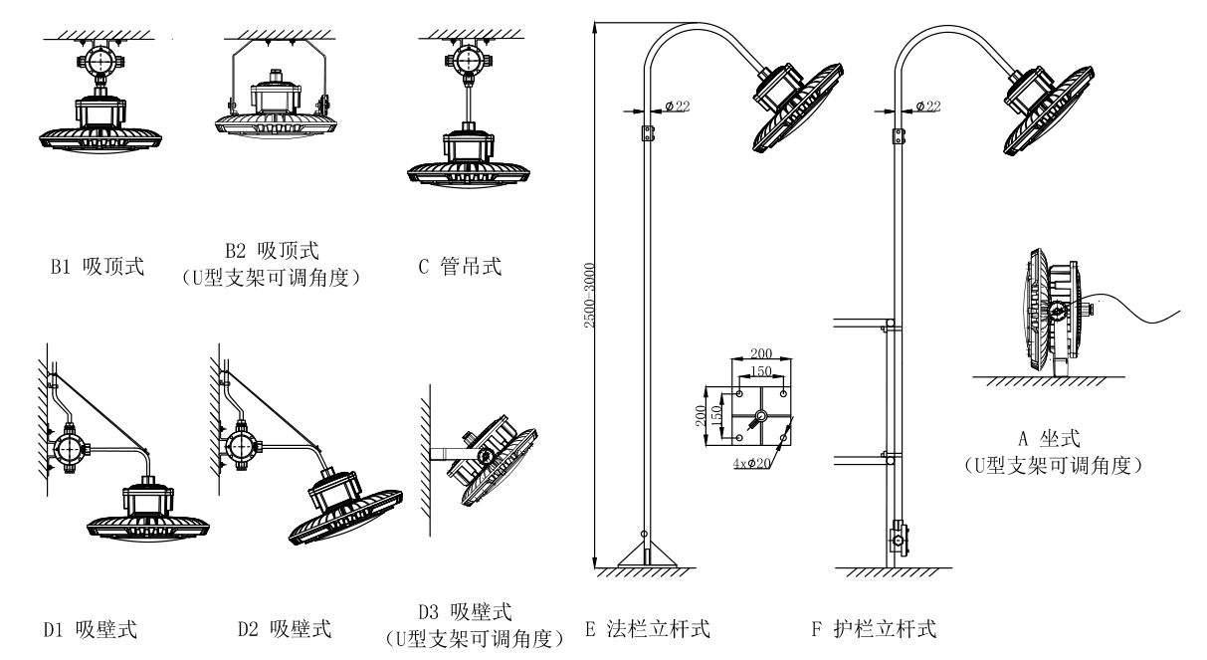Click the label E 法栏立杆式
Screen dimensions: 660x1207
[x=647, y=628]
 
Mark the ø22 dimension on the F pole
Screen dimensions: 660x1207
[x=927, y=106]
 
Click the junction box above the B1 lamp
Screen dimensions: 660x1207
[x=101, y=63]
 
